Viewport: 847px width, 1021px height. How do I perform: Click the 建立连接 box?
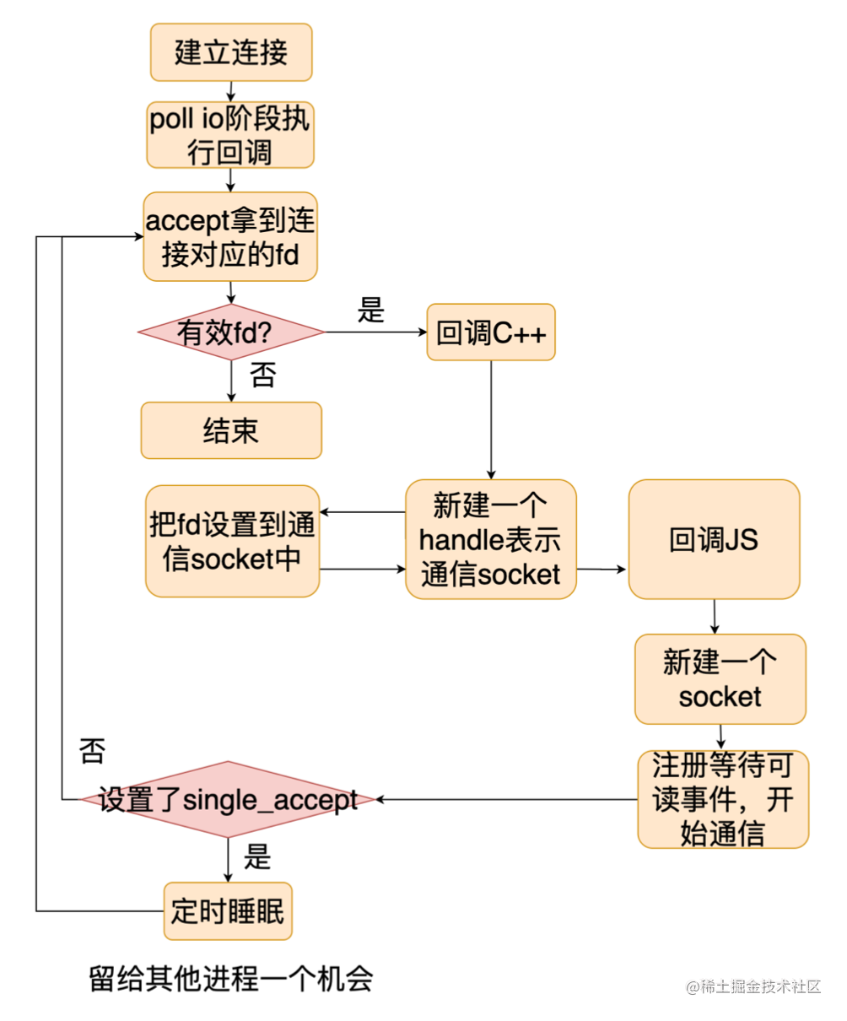[x=231, y=52]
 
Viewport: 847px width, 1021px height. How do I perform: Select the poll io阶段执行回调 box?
[x=230, y=135]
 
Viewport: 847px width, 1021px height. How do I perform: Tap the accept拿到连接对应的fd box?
[x=230, y=236]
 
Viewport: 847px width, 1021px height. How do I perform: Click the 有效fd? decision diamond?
[x=230, y=332]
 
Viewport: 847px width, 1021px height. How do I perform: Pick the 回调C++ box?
[x=491, y=332]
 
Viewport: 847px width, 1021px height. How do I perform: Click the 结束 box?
[x=230, y=430]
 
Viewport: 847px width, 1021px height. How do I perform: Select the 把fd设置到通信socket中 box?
[x=232, y=541]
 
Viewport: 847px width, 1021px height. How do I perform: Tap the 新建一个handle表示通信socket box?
[x=491, y=540]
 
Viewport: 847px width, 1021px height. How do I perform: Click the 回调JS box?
[x=714, y=540]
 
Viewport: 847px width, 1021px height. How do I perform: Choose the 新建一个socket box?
[x=720, y=679]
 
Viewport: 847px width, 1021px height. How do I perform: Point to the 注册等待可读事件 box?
[x=722, y=799]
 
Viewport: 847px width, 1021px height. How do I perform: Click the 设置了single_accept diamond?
[x=228, y=799]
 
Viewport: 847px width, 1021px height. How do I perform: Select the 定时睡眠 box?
[x=228, y=911]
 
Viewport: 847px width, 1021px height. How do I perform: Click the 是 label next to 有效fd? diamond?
[x=370, y=310]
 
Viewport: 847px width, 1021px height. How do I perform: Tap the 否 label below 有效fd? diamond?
[x=262, y=375]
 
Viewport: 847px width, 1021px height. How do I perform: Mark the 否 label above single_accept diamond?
[x=92, y=750]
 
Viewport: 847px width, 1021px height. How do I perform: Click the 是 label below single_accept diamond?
[x=256, y=857]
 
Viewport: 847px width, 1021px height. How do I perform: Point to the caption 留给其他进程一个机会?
[x=231, y=979]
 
